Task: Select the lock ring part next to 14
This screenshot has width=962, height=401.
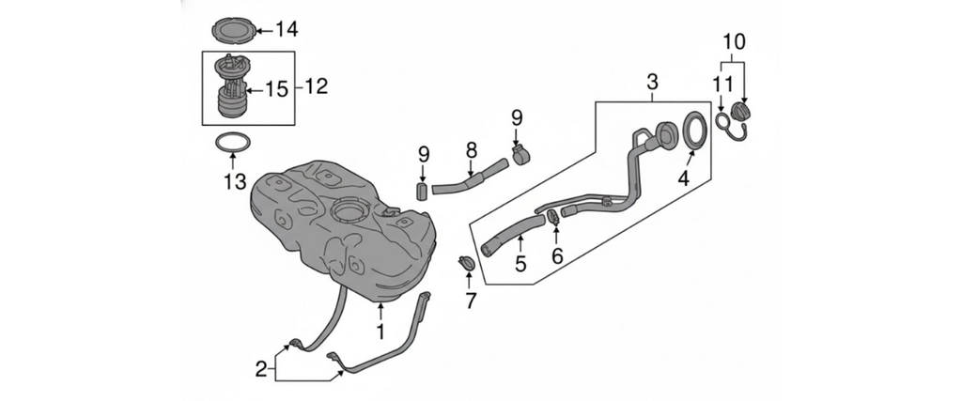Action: point(231,30)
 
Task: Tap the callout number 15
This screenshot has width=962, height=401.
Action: point(275,89)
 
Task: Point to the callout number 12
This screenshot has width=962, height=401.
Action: point(316,87)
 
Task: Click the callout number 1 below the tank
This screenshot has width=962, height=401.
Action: point(380,332)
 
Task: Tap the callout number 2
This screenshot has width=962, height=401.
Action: point(261,369)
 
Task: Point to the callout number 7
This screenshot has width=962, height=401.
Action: point(471,301)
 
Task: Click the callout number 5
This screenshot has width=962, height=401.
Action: point(520,264)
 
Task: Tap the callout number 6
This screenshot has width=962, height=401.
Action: point(556,255)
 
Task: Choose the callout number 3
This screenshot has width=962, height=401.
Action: point(652,84)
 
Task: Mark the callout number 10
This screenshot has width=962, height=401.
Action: point(734,41)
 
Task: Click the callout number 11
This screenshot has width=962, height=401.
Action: point(720,85)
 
